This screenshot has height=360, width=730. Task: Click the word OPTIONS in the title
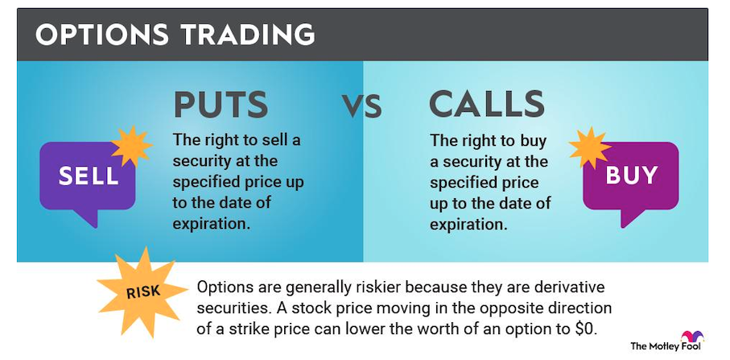click(102, 35)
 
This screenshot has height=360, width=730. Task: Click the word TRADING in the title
click(248, 35)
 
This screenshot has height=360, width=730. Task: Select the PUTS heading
click(221, 105)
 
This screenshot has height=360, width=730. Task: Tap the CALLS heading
click(486, 105)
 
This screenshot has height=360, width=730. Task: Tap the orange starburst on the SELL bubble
click(132, 146)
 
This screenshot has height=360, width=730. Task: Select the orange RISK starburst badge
click(142, 292)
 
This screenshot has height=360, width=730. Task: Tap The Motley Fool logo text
click(666, 346)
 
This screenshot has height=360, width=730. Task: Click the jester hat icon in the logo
click(692, 337)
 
